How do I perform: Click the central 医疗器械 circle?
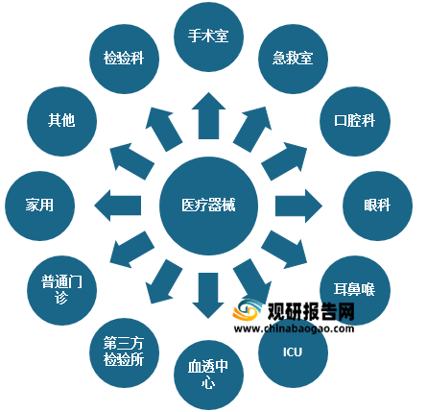[x=208, y=206]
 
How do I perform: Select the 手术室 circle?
[x=208, y=36]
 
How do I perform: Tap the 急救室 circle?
[x=293, y=59]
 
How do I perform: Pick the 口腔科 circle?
[x=355, y=121]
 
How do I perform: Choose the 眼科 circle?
[x=377, y=206]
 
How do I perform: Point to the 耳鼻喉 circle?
[x=355, y=290]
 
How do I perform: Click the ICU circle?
[x=293, y=352]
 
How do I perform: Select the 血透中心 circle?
[x=208, y=375]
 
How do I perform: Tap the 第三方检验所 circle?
[x=124, y=352]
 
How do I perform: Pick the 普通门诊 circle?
[x=61, y=290]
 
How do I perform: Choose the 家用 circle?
[x=39, y=206]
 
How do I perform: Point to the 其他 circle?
[x=61, y=121]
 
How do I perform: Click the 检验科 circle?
[x=124, y=59]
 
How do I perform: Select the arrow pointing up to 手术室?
[x=208, y=116]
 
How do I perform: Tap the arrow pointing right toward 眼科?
[x=298, y=206]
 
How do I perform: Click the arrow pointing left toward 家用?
[x=118, y=206]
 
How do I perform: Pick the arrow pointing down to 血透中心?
[x=208, y=296]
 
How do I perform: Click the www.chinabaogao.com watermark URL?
[x=294, y=328]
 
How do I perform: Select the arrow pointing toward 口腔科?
[x=284, y=161]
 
